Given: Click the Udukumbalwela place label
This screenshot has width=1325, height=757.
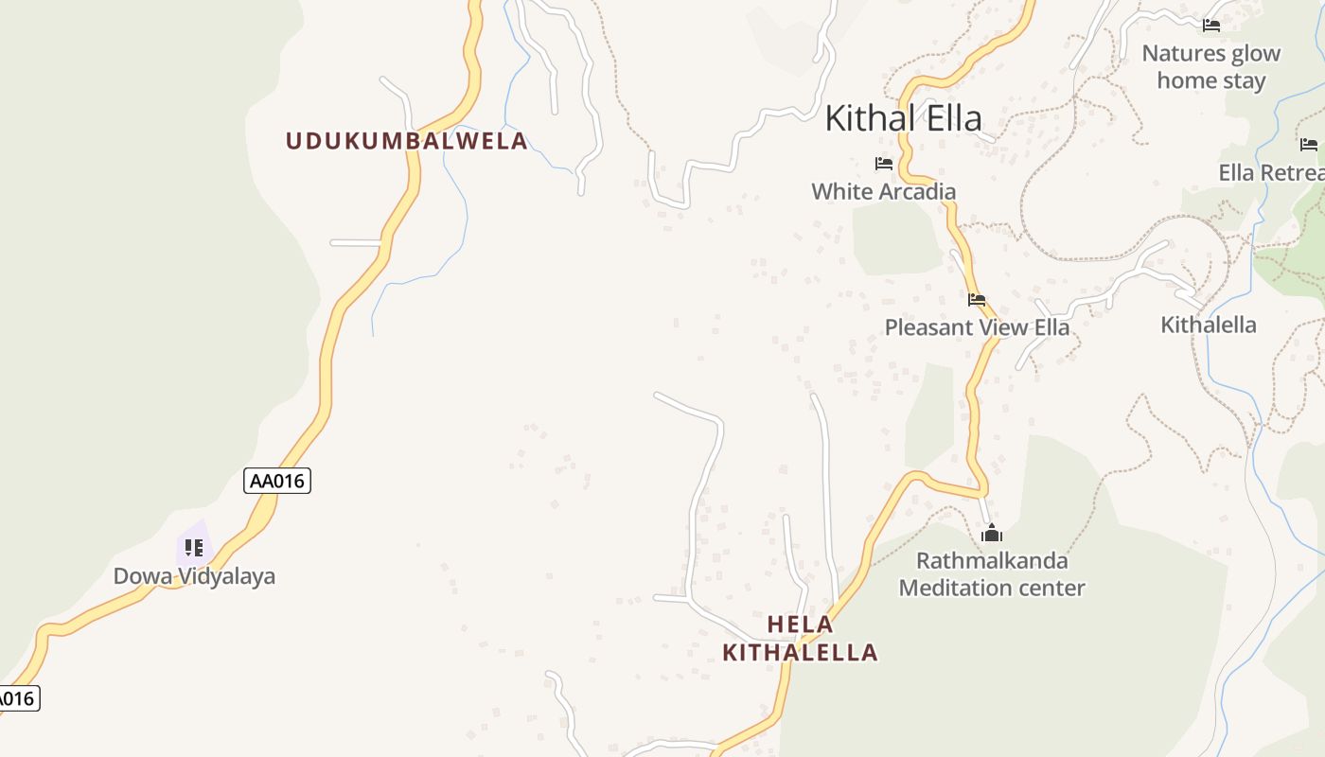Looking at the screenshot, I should pos(407,141).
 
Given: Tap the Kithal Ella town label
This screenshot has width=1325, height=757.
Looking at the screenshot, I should pos(903,118).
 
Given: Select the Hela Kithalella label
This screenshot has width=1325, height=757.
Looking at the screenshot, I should pos(800,638).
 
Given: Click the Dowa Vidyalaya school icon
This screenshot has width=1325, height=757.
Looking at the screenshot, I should pos(194,547).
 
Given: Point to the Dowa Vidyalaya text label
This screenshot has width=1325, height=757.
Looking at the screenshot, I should pos(194,576).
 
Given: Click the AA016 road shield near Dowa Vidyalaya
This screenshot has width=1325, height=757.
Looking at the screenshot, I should pos(277,481).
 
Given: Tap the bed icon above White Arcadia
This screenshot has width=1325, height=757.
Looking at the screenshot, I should pos(884,164).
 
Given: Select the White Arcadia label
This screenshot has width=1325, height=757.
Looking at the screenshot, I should pos(883,191).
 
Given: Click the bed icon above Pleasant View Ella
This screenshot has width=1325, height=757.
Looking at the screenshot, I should pos(977,300).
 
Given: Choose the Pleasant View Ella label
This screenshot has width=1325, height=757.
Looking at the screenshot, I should pos(977,327).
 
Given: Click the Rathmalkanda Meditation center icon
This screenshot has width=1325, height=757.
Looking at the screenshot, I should pos(992,534).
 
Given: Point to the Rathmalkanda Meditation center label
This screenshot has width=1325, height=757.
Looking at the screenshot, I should pos(992,574).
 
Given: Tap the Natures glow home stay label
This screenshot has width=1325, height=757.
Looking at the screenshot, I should pos(1210,66).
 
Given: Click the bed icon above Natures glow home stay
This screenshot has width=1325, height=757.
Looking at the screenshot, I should pos(1211,26).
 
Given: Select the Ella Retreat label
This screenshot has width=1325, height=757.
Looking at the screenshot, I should pos(1271,172).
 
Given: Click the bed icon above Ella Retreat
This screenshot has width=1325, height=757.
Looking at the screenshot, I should pos(1309,145).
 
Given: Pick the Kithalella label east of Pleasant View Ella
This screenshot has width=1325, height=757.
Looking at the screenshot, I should pos(1209,325).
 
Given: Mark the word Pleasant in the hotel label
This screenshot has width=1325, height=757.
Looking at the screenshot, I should pos(928,327).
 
